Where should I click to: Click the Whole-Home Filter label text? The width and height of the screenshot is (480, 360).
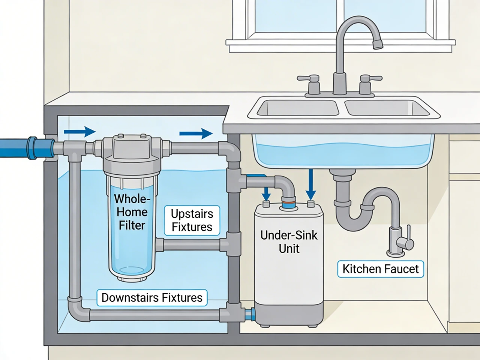click(x=132, y=212)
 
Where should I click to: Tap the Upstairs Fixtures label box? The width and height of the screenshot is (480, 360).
click(x=192, y=220)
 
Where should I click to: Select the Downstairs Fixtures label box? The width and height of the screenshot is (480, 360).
click(x=152, y=297)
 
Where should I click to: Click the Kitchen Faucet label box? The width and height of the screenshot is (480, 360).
click(x=380, y=269)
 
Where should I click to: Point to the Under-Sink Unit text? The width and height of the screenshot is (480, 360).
click(x=289, y=241)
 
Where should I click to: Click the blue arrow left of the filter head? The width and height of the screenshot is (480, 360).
click(x=79, y=132)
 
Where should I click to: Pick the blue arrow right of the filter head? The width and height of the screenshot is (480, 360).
click(x=196, y=133)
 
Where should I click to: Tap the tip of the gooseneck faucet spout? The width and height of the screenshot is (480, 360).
click(x=377, y=45)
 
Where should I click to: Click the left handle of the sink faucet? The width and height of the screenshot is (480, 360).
click(x=309, y=79)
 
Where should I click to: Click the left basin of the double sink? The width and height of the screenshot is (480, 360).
click(x=298, y=108)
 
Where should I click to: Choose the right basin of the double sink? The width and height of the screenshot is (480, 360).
click(x=386, y=108)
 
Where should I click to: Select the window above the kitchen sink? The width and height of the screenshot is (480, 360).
click(x=341, y=19)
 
